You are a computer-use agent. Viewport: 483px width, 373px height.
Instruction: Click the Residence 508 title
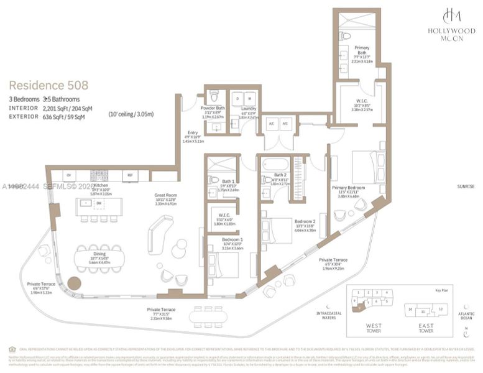pyautogui.click(x=48, y=85)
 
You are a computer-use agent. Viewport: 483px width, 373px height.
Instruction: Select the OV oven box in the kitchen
pyautogui.click(x=68, y=175)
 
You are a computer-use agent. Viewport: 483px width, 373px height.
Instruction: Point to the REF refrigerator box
pyautogui.click(x=130, y=175)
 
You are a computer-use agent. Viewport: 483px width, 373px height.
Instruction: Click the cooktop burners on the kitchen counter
pyautogui.click(x=99, y=175)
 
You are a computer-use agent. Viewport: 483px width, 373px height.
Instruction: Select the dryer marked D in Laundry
pyautogui.click(x=238, y=99)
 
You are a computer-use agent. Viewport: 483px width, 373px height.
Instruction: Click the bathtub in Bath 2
pyautogui.click(x=275, y=165)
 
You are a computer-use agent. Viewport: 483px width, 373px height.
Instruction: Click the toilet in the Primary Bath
pyautogui.click(x=346, y=35)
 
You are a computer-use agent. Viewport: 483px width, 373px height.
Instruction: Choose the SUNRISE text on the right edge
pyautogui.click(x=466, y=186)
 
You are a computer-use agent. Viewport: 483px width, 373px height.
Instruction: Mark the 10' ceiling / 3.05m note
pyautogui.click(x=131, y=114)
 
